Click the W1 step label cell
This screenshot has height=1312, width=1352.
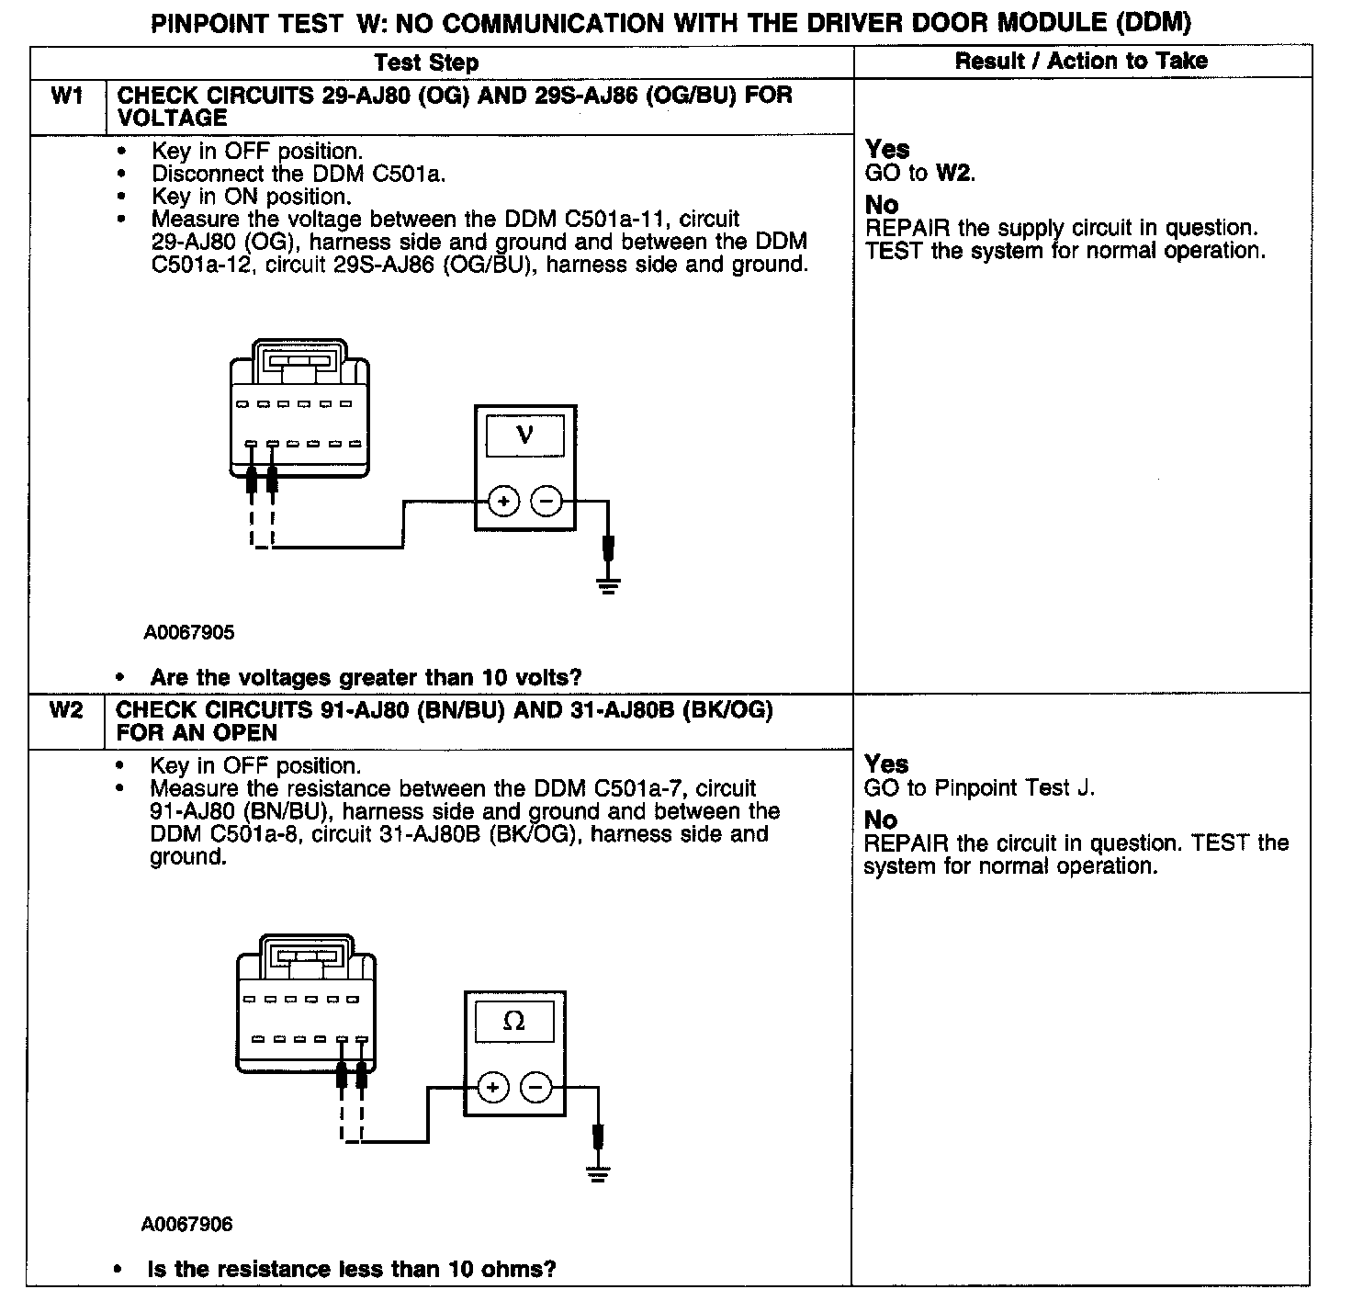[68, 96]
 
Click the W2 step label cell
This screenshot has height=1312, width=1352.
[66, 710]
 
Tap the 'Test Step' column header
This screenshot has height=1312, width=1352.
[426, 62]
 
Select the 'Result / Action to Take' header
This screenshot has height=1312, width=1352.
[1081, 62]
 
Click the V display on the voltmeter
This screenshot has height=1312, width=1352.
[524, 435]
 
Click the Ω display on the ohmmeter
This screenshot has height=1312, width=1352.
[514, 1022]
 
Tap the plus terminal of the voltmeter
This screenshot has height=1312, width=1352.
[502, 502]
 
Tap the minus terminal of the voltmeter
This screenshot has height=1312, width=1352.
[546, 502]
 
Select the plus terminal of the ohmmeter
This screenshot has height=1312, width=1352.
[493, 1088]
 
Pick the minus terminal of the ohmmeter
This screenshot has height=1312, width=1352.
[536, 1088]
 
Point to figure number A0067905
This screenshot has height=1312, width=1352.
[188, 633]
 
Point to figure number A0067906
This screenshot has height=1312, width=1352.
[186, 1225]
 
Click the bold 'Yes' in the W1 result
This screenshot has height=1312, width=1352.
[887, 150]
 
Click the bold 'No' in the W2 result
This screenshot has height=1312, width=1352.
[881, 820]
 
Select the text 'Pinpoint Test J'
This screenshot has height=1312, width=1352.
[1014, 788]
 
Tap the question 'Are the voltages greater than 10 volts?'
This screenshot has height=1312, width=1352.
[366, 678]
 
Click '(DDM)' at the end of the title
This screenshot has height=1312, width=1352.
[1154, 23]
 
